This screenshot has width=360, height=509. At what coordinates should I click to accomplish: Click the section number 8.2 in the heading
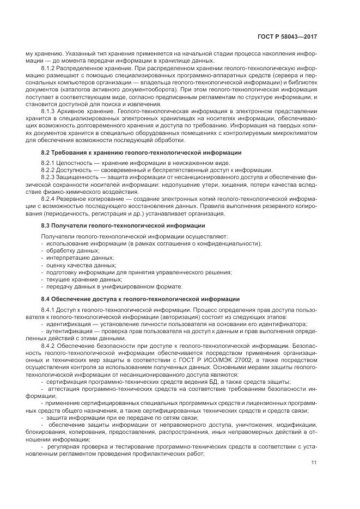pyautogui.click(x=47, y=152)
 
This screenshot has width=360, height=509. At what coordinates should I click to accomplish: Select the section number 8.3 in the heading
pyautogui.click(x=47, y=225)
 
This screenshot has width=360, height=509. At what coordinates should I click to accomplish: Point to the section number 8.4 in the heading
pyautogui.click(x=47, y=298)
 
